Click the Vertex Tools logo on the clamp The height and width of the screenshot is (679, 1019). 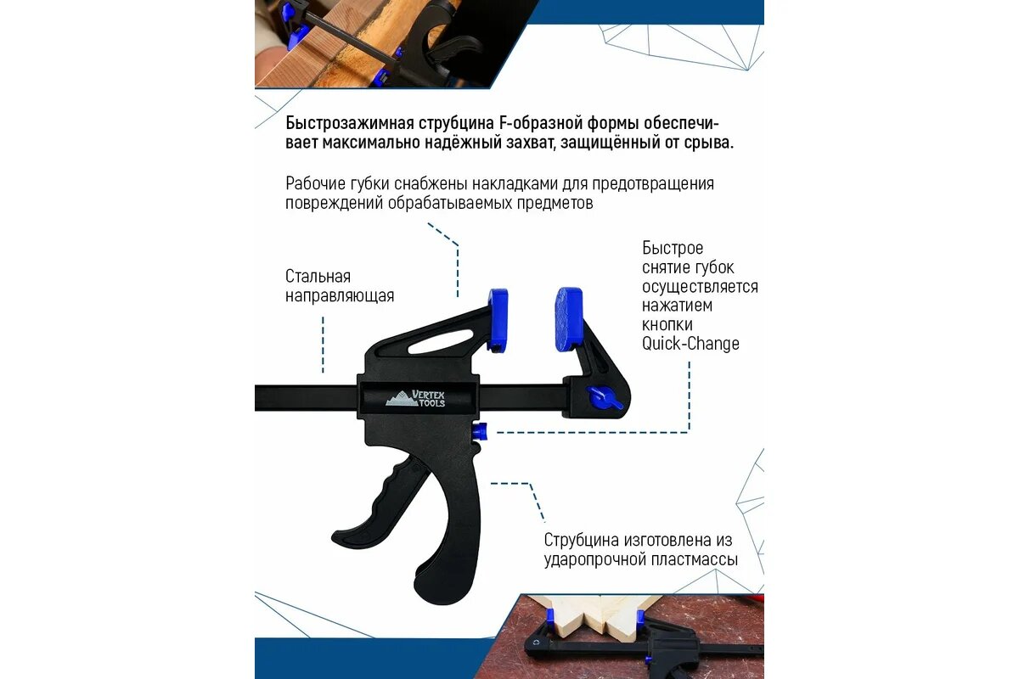click(x=416, y=397)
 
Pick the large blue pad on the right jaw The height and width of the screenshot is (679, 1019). click(x=569, y=318)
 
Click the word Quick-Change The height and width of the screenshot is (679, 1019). click(x=690, y=344)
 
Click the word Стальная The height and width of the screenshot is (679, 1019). click(x=318, y=277)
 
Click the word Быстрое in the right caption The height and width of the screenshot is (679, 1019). click(x=673, y=249)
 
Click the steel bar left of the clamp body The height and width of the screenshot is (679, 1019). click(x=306, y=397)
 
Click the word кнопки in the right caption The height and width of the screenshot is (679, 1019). click(x=667, y=324)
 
